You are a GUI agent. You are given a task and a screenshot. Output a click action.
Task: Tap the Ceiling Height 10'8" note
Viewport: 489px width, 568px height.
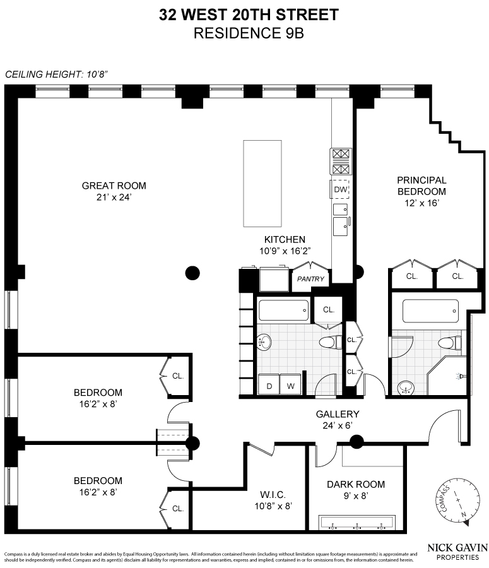(x=57, y=74)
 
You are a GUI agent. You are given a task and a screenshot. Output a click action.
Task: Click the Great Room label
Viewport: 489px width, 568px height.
(x=114, y=186)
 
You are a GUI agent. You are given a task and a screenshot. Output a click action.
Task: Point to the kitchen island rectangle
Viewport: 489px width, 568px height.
(x=262, y=184)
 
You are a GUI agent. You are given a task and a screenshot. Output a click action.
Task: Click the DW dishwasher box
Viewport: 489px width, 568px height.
(x=340, y=189)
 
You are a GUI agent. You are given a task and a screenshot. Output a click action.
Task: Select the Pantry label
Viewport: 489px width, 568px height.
(x=310, y=279)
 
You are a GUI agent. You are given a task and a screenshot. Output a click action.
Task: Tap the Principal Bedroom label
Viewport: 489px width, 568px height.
(x=421, y=186)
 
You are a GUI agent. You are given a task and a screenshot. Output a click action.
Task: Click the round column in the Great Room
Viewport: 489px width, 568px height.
(x=192, y=273)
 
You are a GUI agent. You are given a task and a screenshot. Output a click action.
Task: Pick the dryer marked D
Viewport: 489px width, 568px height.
(x=269, y=385)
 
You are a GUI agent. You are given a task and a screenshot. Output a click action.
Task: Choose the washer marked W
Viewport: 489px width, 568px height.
(x=291, y=385)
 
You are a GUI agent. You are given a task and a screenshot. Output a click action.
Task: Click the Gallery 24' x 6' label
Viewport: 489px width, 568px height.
(x=338, y=420)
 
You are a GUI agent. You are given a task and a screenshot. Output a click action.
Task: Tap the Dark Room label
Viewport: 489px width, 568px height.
(x=355, y=485)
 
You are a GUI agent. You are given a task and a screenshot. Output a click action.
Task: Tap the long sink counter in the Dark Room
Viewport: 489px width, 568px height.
(x=357, y=523)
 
